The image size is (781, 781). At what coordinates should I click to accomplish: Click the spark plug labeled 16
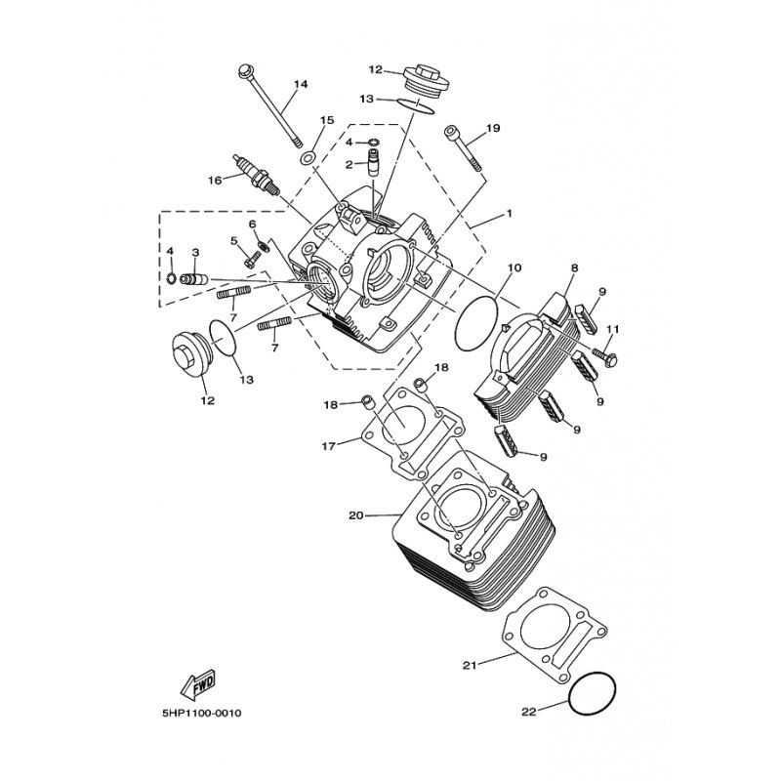coord(257,176)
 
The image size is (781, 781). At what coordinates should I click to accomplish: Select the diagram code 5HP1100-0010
coord(202,714)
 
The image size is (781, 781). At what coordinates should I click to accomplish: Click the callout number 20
coord(356,515)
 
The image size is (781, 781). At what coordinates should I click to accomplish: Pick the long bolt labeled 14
coord(271,106)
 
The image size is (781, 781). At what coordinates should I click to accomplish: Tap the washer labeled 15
coord(308,159)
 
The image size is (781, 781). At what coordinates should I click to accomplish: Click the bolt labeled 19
coord(464,150)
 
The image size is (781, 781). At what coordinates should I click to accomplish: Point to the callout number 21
coord(471,665)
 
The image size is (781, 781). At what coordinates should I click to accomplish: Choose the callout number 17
coord(329,446)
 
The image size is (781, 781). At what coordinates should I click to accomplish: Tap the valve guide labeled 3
coord(193,279)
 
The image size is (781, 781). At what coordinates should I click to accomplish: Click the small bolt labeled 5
coord(253,259)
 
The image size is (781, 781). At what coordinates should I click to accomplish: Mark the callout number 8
coord(575,267)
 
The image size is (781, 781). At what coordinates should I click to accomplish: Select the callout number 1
coord(509,213)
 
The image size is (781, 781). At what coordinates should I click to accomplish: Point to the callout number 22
coord(529,712)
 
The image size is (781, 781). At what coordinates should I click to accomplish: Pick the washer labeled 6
coord(264,246)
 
